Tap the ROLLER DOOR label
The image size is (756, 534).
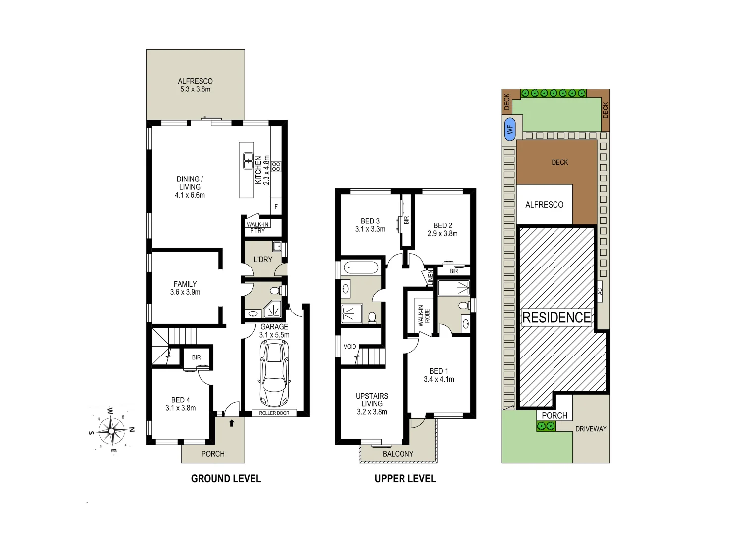coord(274,413)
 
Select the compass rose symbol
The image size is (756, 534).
coord(111,431)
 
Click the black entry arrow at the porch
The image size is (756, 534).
coord(231,423)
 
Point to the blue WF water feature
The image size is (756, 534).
coord(509,130)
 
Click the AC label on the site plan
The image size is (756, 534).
coord(600,292)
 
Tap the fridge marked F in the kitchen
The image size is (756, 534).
coord(276,207)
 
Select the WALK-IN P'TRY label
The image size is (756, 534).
coord(257,227)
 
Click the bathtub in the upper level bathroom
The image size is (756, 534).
coord(360,268)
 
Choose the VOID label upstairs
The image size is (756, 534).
coord(350,347)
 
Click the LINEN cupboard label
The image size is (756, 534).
coord(430,277)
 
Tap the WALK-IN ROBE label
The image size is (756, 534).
coord(424,315)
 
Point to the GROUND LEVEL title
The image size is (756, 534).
coord(226,479)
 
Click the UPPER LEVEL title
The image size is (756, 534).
coord(405,479)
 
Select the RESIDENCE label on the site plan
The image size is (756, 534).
coord(556,317)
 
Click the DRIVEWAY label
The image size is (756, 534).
coord(591,429)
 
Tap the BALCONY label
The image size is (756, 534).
coord(398,454)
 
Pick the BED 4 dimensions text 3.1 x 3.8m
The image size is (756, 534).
coord(181,408)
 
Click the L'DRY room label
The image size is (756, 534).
coord(263,260)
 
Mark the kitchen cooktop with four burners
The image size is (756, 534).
coord(276,166)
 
